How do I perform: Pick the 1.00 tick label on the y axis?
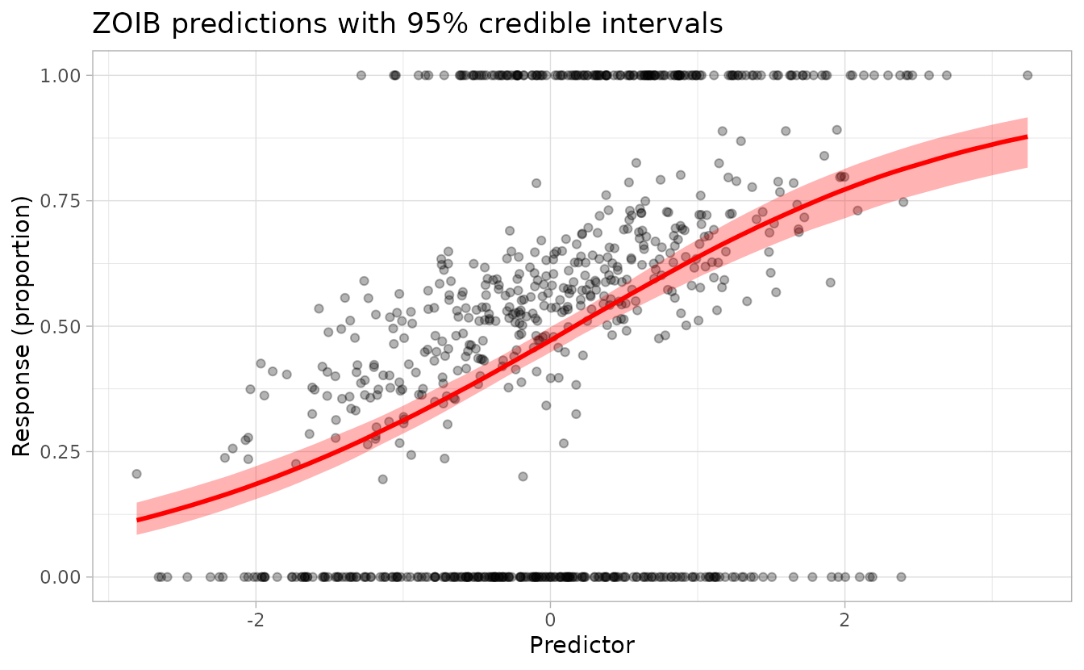point(60,75)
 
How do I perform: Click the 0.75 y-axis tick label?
point(60,200)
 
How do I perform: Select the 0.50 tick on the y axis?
point(60,326)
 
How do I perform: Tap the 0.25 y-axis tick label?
point(60,451)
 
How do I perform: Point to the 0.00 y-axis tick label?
point(60,576)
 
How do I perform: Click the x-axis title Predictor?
point(582,646)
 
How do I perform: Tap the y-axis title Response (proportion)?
point(22,326)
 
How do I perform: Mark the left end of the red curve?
point(137,519)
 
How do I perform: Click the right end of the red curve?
point(1027,137)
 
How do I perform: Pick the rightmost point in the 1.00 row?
point(1028,75)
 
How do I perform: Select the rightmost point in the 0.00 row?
point(901,576)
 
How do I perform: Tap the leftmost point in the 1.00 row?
point(361,75)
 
